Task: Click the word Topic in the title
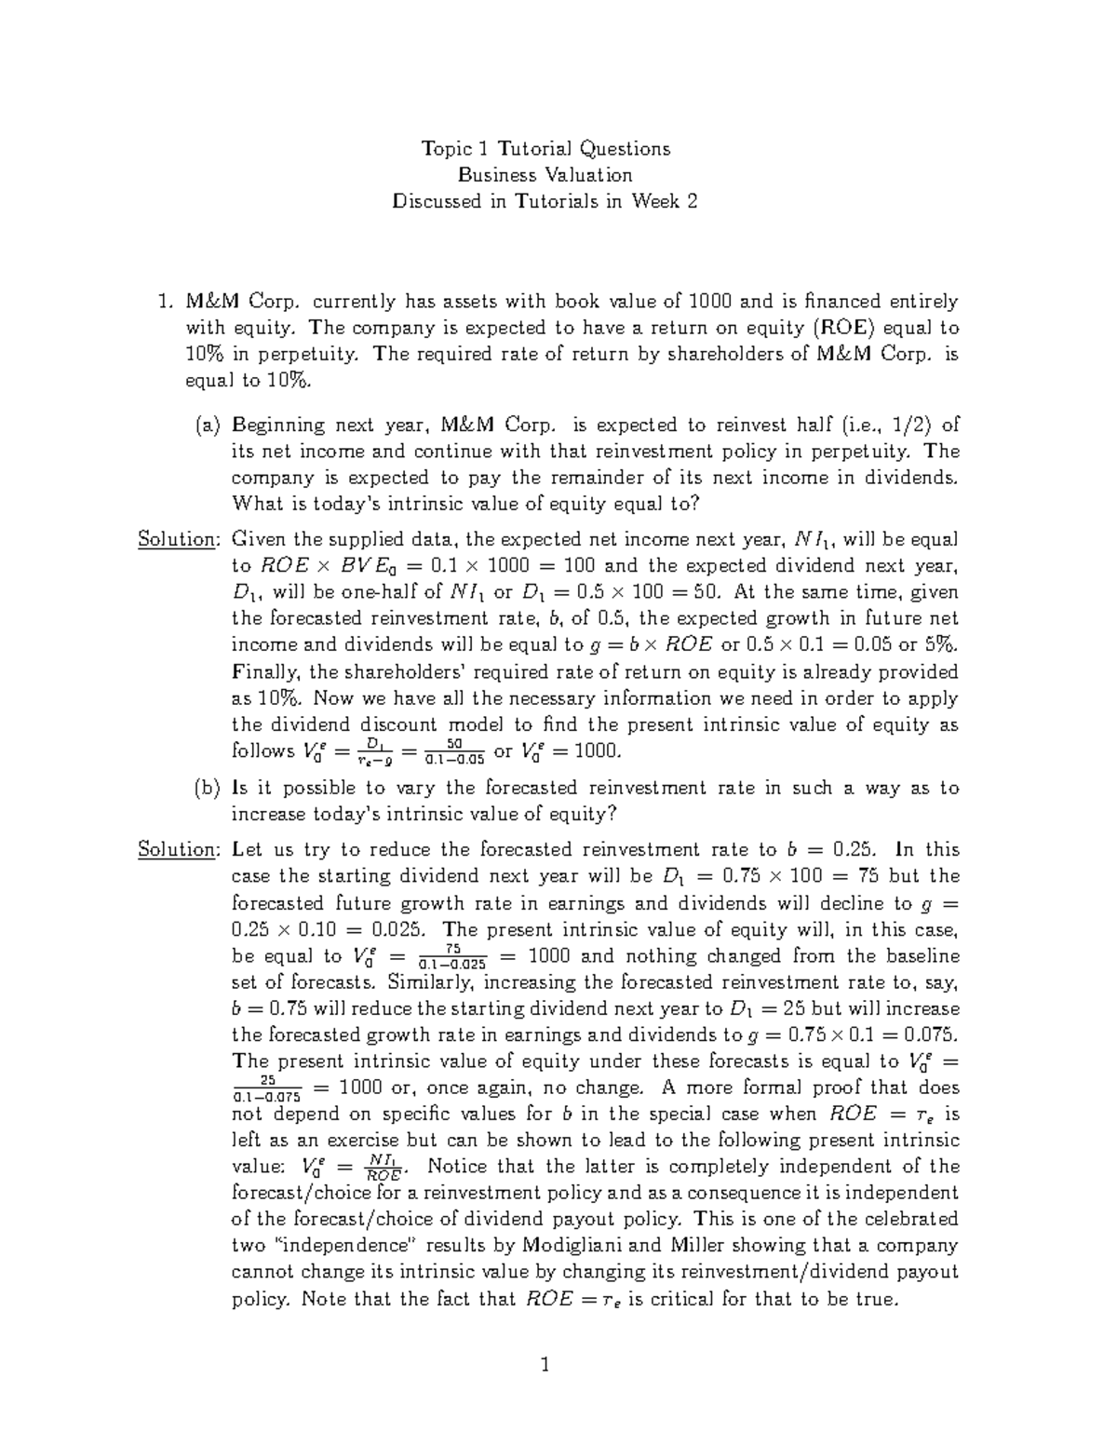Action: (447, 149)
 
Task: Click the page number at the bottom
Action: (545, 1367)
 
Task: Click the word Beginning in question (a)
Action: (276, 426)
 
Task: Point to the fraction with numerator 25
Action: (268, 1088)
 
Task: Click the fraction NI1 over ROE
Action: (382, 1168)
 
